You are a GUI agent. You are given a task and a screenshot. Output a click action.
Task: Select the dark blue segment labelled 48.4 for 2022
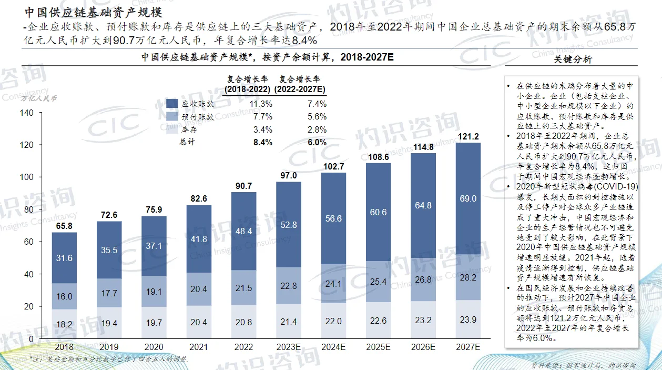[x=244, y=231]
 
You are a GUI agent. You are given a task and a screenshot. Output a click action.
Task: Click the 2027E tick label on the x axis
[x=468, y=347]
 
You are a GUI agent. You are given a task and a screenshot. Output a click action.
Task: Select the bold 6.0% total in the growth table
[x=317, y=142]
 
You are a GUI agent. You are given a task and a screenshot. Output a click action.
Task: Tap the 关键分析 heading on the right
[x=573, y=59]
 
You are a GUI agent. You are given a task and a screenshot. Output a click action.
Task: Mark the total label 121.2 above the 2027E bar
[x=468, y=136]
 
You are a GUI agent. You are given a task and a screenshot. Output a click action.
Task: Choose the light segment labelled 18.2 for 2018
[x=64, y=324]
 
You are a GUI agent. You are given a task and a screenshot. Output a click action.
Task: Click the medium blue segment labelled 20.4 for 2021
[x=199, y=289]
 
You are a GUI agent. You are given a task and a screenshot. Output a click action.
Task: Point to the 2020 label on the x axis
[x=154, y=347]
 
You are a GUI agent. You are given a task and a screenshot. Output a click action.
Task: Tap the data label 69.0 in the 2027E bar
[x=468, y=198]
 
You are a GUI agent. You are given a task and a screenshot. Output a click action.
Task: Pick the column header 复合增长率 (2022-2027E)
[x=302, y=84]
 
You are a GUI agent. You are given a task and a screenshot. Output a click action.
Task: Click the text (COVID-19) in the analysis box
[x=615, y=186]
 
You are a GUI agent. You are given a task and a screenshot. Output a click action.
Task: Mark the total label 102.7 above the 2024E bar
[x=333, y=166]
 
